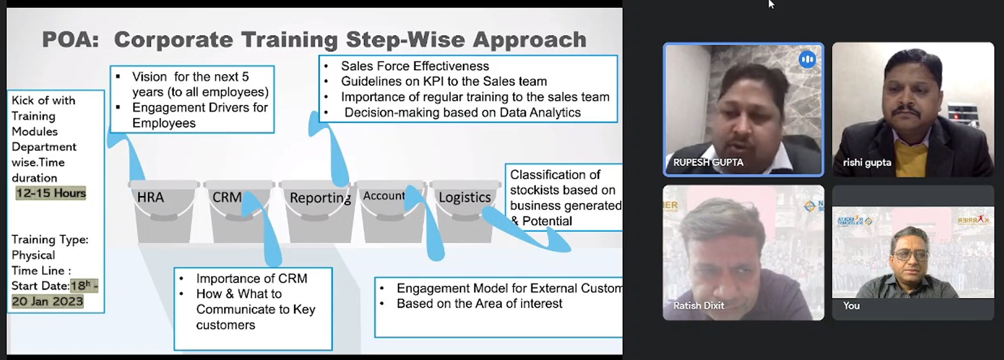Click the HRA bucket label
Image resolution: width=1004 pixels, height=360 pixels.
click(x=150, y=197)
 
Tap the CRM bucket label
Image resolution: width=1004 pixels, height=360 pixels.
click(x=227, y=197)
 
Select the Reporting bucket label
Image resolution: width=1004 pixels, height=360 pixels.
click(x=320, y=198)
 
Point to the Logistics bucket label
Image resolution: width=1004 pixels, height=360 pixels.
click(x=464, y=197)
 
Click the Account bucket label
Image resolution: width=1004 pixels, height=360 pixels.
click(x=384, y=196)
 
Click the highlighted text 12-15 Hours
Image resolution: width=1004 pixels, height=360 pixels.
click(x=51, y=193)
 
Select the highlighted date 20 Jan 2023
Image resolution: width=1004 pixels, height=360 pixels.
click(x=48, y=302)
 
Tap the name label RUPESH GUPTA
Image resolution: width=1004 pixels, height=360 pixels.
click(x=708, y=162)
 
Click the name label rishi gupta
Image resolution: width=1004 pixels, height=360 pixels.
click(x=867, y=163)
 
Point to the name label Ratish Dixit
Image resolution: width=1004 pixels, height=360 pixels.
click(x=699, y=305)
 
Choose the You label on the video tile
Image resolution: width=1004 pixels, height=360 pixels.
click(x=851, y=305)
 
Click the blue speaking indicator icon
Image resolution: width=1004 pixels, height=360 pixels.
click(x=807, y=59)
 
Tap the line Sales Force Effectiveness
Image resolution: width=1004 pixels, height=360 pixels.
click(x=415, y=66)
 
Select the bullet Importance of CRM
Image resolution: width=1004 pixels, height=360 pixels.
click(x=251, y=278)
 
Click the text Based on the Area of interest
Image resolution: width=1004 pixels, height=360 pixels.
click(x=479, y=304)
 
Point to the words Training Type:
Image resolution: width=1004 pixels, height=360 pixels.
click(x=50, y=240)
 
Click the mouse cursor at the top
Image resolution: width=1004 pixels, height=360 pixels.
click(x=771, y=4)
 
